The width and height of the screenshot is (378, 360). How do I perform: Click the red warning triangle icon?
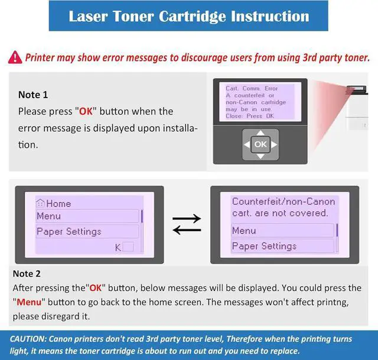(x=15, y=57)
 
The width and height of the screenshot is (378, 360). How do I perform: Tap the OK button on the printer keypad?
(x=260, y=144)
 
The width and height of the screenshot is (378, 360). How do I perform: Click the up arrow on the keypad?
(x=260, y=132)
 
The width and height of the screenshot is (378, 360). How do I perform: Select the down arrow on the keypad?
(x=260, y=156)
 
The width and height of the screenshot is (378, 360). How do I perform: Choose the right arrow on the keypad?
(x=274, y=144)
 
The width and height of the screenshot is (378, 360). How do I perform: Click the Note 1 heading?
(x=33, y=95)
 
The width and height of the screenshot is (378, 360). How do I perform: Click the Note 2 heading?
(x=27, y=274)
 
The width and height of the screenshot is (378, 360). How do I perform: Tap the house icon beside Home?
(x=40, y=203)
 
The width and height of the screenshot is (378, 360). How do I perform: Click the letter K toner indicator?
(x=118, y=248)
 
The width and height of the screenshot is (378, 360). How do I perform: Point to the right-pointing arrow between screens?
(x=187, y=219)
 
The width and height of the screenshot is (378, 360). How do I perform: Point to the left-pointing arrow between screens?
(x=187, y=230)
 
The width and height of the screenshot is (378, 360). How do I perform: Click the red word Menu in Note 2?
(x=29, y=302)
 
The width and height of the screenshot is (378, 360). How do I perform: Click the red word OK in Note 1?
(x=86, y=112)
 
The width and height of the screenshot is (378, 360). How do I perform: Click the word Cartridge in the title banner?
(x=192, y=17)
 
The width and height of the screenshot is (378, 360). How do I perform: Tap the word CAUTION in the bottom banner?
(x=28, y=339)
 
